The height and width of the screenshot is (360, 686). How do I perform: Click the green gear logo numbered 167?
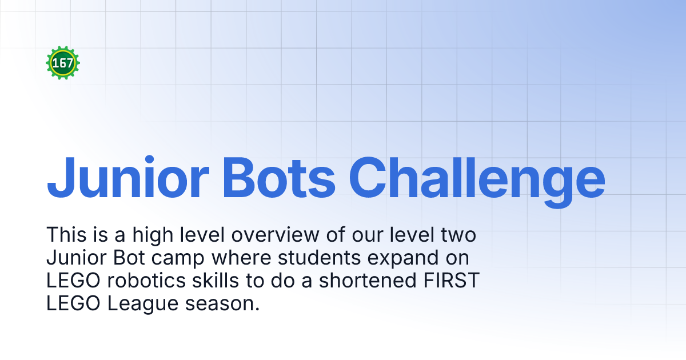(63, 63)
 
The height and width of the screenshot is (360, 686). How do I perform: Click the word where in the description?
(238, 258)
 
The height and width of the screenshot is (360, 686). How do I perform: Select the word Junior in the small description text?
(74, 258)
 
